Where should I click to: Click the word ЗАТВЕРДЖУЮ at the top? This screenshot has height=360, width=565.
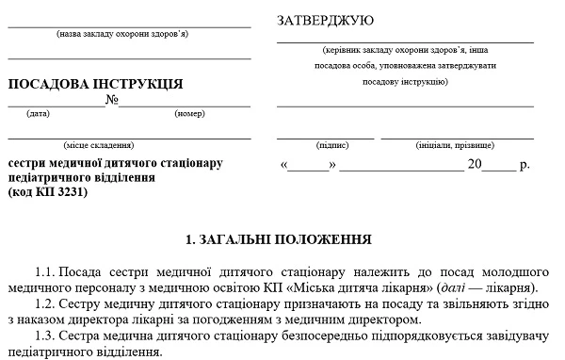coord(326,20)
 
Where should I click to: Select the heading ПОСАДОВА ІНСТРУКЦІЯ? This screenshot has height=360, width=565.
coord(95,84)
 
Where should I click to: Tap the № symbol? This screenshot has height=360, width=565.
coord(111,100)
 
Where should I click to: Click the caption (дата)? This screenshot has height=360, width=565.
coord(39,114)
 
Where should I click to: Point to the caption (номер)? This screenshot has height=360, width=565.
coord(189,114)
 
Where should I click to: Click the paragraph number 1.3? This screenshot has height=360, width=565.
coord(43,336)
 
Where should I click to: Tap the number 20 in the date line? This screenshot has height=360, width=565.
coord(476,165)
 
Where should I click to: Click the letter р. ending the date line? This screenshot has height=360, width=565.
coord(525,165)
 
